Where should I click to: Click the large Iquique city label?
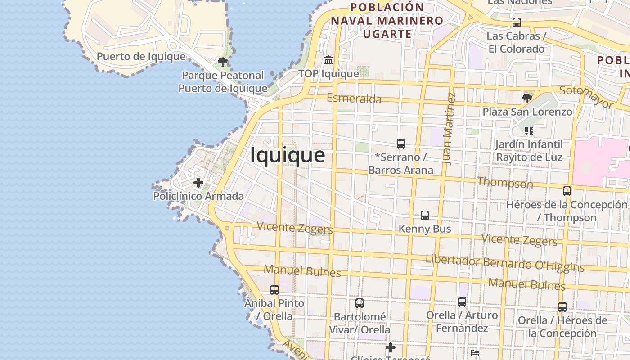coord(288,155)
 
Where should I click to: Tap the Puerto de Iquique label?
coord(141,57)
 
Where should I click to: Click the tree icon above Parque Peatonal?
coord(222,62)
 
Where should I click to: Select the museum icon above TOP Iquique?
coord(328,60)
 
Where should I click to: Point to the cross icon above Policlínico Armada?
coord(198,183)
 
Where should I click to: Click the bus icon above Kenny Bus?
coord(424,216)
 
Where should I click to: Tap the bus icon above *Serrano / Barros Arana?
coord(400,144)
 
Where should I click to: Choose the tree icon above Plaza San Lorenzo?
coord(527,98)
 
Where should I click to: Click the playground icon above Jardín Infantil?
coord(529,131)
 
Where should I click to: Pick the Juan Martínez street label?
coord(449,128)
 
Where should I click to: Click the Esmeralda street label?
coord(354,99)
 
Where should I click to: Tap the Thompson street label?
coord(505,183)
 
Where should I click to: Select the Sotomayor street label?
coord(586,97)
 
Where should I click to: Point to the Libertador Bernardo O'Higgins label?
coord(505,263)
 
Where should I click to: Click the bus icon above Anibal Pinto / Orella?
coord(274,290)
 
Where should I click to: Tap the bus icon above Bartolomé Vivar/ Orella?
coord(359,303)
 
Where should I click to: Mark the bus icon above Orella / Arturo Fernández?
coord(462,302)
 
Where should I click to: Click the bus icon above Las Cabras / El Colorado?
coord(517,22)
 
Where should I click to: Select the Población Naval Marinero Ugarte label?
coord(387,21)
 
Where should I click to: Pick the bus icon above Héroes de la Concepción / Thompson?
coord(567,191)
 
